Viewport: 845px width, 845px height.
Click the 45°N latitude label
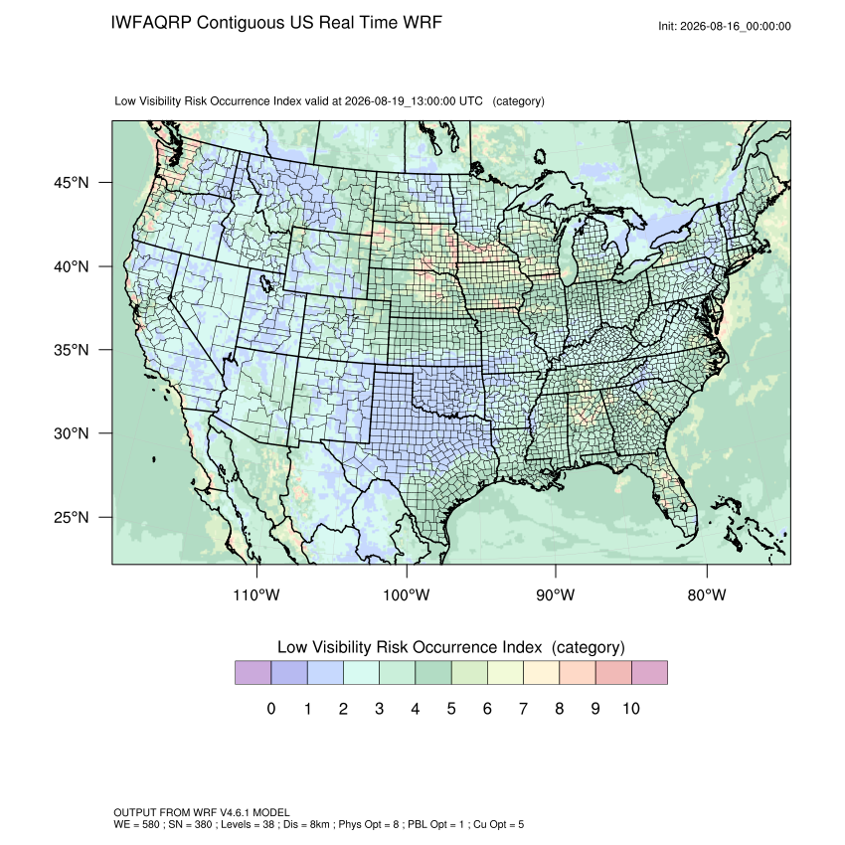(72, 183)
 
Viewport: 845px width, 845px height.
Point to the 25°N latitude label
(72, 517)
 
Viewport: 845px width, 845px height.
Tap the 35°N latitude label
(72, 350)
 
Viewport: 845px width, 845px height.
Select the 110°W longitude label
(256, 594)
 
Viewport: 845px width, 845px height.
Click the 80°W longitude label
(707, 594)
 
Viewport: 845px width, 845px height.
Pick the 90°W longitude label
(555, 594)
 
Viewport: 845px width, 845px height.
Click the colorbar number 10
(631, 708)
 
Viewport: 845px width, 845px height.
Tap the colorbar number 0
(271, 708)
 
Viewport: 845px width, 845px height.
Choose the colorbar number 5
(451, 708)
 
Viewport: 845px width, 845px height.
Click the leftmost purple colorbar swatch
(253, 673)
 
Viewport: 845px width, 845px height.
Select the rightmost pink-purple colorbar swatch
(649, 673)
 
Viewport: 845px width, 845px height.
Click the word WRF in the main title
(423, 23)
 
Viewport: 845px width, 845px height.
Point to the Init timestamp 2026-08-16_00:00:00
(736, 26)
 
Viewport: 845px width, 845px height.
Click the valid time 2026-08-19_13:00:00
(400, 101)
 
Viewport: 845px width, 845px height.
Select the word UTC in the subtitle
(471, 101)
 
